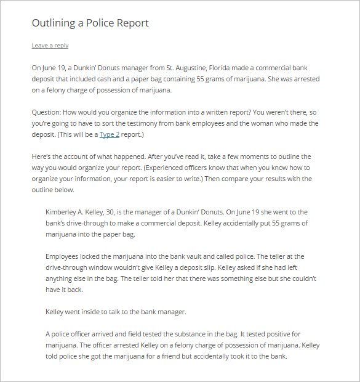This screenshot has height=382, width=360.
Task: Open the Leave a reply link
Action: coord(50,45)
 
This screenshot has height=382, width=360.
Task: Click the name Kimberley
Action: coord(64,212)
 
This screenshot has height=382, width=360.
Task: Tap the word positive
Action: coord(288,333)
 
